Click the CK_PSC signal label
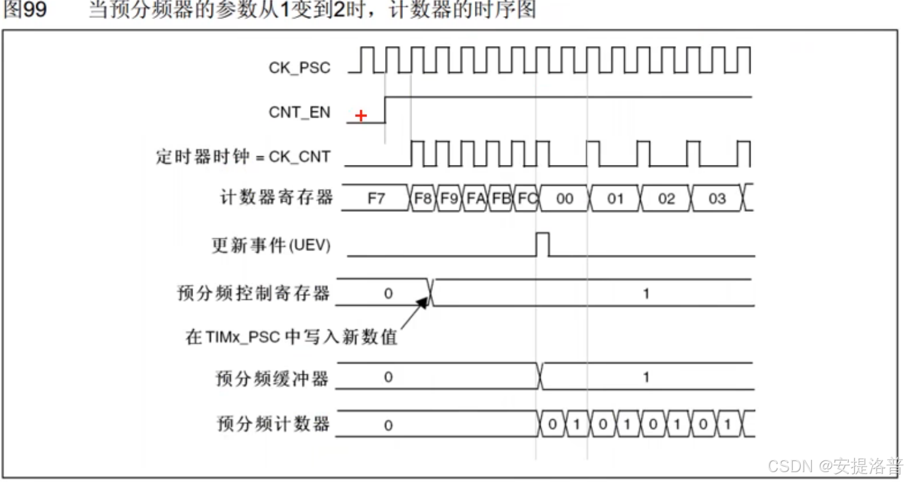[300, 68]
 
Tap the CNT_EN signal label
[300, 113]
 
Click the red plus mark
[361, 116]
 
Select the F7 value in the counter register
[376, 198]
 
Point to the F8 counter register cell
[423, 198]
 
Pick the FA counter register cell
[475, 198]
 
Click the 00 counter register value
[564, 198]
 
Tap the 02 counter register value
[666, 198]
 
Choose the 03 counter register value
[717, 198]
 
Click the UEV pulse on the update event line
[542, 244]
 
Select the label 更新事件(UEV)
[271, 246]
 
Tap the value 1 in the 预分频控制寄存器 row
[646, 294]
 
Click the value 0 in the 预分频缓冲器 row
[387, 377]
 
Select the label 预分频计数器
[273, 424]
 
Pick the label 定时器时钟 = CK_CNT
[243, 156]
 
